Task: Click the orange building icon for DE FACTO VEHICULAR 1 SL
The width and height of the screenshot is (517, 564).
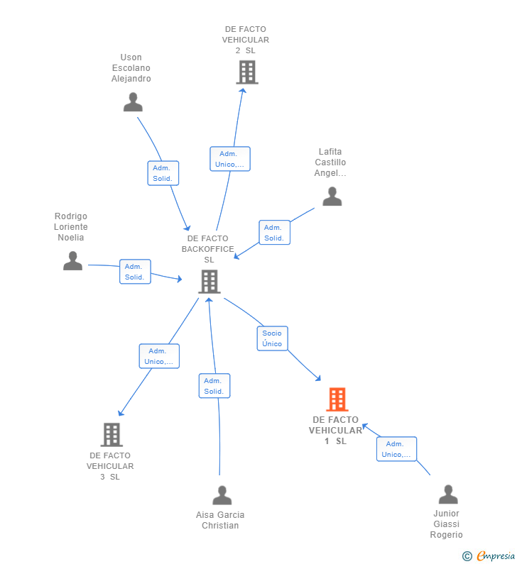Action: (x=337, y=399)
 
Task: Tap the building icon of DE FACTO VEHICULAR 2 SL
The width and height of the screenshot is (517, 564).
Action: (x=246, y=72)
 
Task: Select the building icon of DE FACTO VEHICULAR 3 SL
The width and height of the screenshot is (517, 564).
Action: (x=111, y=434)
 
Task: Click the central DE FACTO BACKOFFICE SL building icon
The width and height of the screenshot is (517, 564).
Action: (x=209, y=282)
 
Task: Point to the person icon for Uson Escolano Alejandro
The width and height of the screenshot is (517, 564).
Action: (x=133, y=102)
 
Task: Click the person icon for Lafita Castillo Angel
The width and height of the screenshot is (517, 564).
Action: (x=332, y=197)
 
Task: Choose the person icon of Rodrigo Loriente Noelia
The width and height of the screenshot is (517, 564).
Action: (x=72, y=261)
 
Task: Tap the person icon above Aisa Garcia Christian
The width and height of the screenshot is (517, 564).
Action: (x=222, y=495)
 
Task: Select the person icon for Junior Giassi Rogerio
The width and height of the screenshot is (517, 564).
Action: (x=448, y=494)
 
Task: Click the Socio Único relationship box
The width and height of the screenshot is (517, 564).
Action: (x=272, y=338)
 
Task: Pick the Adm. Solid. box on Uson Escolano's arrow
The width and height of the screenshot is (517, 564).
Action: (x=163, y=173)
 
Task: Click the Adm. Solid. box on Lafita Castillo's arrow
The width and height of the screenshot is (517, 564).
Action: (x=274, y=233)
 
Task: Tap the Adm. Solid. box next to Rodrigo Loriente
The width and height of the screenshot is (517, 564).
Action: (x=135, y=272)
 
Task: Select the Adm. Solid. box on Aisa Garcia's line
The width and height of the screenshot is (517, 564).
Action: (x=214, y=386)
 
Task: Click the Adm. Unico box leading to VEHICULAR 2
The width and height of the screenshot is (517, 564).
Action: (x=229, y=159)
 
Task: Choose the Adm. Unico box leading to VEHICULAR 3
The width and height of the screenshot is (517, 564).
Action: (x=159, y=356)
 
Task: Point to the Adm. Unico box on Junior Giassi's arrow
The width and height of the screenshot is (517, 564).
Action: (x=396, y=449)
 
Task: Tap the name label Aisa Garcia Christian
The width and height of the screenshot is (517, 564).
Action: (x=220, y=520)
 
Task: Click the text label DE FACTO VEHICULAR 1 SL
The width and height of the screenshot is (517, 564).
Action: (x=335, y=431)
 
